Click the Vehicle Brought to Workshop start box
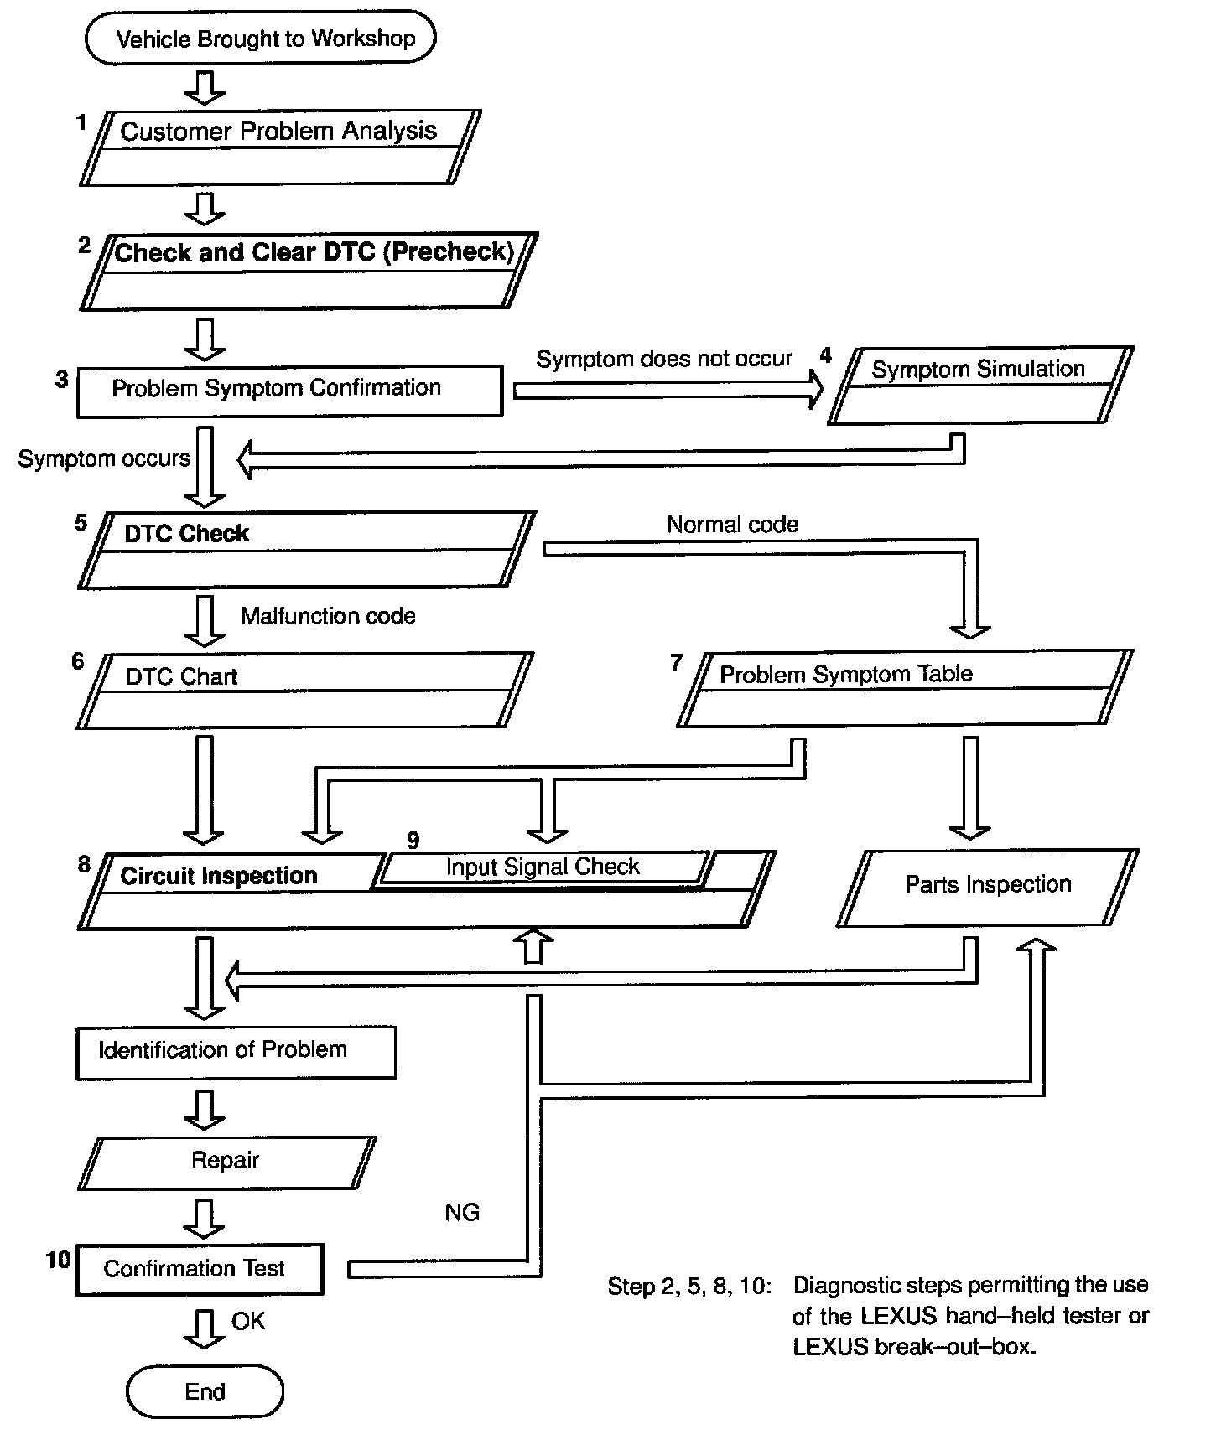261,38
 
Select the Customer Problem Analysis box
280,148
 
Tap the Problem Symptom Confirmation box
289,391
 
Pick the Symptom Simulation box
979,386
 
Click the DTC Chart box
304,691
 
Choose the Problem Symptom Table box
904,688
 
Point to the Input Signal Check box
543,867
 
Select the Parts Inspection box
987,888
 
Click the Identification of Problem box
236,1052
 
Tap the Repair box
226,1162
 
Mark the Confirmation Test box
200,1269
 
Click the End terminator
205,1392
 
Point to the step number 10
58,1260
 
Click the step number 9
413,840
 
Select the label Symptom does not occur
663,360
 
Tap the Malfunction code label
328,616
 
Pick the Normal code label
732,525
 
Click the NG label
462,1213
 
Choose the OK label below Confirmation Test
248,1322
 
